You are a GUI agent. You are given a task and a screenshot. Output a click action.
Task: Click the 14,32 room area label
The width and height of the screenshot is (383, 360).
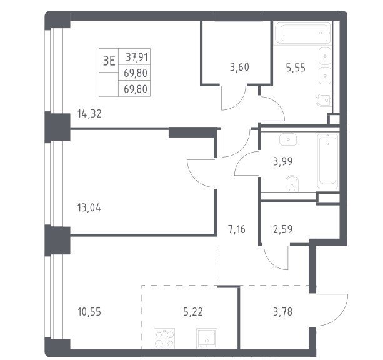pos(89,114)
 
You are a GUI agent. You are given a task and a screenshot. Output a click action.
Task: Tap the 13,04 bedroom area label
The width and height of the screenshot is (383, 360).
pos(89,208)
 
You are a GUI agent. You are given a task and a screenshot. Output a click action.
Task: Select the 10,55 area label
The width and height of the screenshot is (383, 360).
pos(89,312)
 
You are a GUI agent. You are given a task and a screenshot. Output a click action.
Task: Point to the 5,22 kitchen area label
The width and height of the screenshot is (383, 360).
pos(193,312)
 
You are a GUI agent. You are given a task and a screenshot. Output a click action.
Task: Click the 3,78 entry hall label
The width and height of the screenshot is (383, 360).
pos(282,312)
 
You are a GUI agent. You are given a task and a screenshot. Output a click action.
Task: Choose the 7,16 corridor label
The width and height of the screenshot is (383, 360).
pos(236,230)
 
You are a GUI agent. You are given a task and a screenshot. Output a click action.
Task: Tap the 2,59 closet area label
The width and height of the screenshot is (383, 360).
pos(282,229)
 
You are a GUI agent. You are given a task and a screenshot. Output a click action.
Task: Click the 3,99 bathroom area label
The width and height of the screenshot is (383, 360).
pos(282,161)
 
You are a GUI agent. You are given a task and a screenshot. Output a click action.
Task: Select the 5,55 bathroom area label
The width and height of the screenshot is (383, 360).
pos(296,67)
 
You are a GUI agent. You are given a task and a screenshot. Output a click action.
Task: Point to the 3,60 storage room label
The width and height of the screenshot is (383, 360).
pos(239,67)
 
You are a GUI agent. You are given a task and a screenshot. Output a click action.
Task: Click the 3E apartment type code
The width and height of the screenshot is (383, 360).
pos(109,61)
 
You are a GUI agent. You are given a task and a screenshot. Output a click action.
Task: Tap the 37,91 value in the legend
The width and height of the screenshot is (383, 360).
pos(137,57)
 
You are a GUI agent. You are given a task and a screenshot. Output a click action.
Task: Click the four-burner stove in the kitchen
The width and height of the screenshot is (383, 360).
pos(164,338)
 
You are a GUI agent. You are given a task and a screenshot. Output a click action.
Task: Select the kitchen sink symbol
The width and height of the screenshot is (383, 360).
pos(207,338)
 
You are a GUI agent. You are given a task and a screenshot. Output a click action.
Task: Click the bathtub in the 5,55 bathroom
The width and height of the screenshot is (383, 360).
pos(303,32)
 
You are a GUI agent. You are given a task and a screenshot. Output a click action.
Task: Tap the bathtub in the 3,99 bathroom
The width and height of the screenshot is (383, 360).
pos(327,162)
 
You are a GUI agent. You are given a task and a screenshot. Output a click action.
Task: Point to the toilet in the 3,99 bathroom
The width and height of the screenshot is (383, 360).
pos(292,182)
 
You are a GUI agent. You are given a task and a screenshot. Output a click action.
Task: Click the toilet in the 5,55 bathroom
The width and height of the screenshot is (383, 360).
pos(323,100)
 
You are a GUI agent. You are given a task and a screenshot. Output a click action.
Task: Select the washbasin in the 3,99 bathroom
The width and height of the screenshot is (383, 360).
pos(288,139)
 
